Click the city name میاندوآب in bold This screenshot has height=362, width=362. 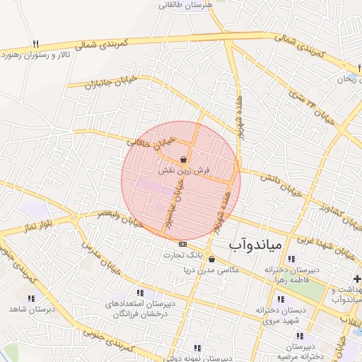tap(255, 245)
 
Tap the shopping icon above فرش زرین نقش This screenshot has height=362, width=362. tap(185, 160)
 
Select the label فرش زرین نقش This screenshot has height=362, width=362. tap(185, 170)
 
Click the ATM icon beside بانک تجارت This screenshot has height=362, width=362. tap(184, 244)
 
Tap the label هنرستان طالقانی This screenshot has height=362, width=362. tap(187, 6)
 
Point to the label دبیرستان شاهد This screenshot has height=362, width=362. tap(27, 310)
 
